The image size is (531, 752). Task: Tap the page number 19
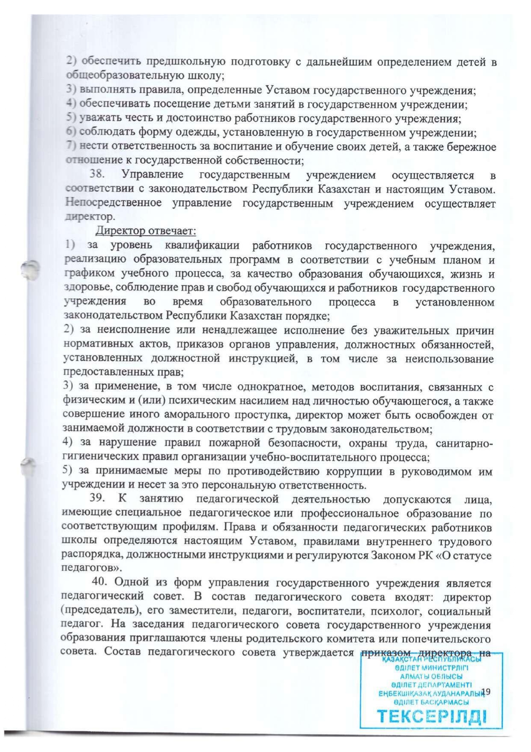click(486, 691)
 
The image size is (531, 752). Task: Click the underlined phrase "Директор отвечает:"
click(146, 231)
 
